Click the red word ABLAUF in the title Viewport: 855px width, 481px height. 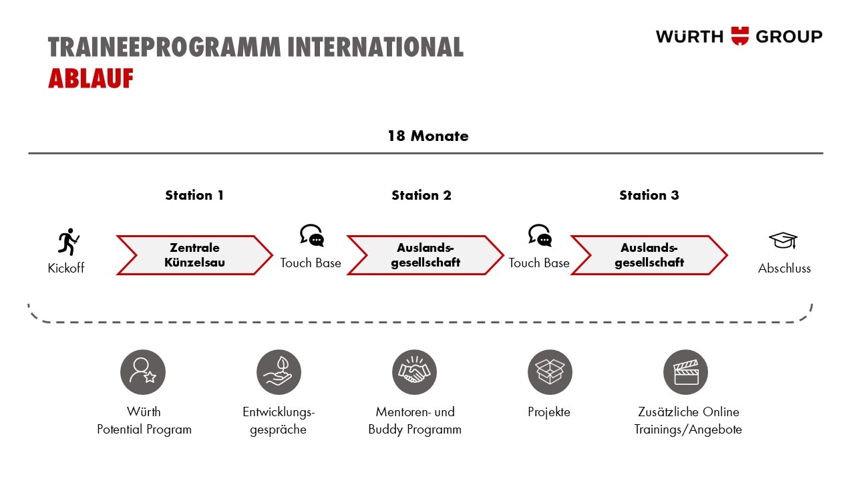click(91, 78)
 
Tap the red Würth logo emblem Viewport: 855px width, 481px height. click(739, 36)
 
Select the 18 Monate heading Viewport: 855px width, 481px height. click(428, 136)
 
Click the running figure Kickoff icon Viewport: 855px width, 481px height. click(69, 242)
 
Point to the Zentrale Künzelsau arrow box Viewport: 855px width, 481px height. click(194, 255)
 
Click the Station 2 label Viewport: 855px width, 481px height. click(421, 195)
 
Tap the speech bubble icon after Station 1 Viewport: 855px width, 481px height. click(312, 234)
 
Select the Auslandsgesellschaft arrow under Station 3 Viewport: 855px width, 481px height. click(649, 255)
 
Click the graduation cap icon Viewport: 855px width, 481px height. click(783, 240)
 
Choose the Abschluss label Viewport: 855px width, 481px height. click(784, 268)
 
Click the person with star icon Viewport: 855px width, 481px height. click(143, 372)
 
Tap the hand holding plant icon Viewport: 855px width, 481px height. click(279, 372)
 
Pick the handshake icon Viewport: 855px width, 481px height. click(414, 372)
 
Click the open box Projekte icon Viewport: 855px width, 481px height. click(550, 372)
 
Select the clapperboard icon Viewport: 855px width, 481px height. click(685, 372)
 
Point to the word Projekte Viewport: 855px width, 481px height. click(549, 412)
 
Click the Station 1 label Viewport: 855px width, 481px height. click(194, 195)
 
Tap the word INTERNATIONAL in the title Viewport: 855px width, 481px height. click(375, 47)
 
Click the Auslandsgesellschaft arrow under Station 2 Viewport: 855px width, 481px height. click(425, 255)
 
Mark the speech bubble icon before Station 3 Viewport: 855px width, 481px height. click(540, 234)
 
